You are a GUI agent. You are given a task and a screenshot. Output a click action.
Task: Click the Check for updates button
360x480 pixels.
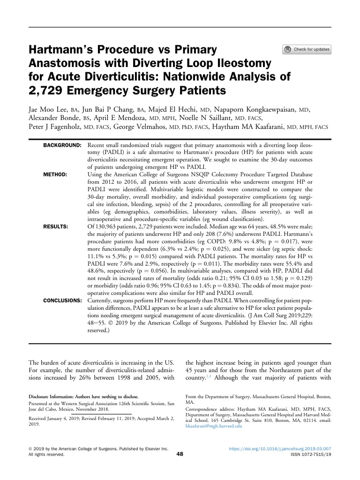(x=307, y=49)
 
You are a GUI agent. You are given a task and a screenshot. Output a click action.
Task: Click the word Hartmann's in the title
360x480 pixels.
(x=62, y=50)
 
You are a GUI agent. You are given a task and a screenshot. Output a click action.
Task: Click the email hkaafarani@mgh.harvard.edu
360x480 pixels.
(x=214, y=426)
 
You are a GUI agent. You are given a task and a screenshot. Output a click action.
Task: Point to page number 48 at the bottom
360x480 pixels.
(x=180, y=453)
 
